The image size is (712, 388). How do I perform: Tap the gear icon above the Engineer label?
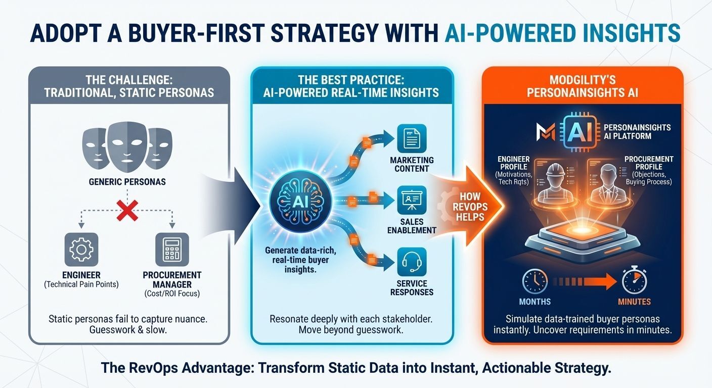pyautogui.click(x=81, y=250)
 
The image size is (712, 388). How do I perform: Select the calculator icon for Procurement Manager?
pyautogui.click(x=172, y=250)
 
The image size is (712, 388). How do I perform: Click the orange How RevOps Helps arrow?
pyautogui.click(x=469, y=206)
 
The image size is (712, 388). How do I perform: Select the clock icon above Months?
pyautogui.click(x=534, y=280)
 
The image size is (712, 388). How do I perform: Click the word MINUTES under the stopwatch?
pyautogui.click(x=634, y=302)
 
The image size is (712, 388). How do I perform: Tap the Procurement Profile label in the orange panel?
pyautogui.click(x=648, y=163)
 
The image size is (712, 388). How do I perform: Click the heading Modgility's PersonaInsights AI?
pyautogui.click(x=583, y=87)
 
